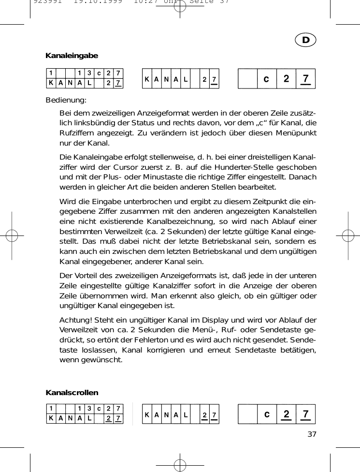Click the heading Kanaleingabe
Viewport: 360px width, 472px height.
[x=72, y=56]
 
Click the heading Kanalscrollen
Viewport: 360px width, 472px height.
[x=72, y=392]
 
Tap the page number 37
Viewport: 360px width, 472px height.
[x=312, y=433]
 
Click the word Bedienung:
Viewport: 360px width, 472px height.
[x=66, y=101]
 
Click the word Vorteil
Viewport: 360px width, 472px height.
[x=86, y=276]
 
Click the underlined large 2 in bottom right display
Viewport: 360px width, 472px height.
[x=286, y=414]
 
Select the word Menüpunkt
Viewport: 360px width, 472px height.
[x=296, y=133]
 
